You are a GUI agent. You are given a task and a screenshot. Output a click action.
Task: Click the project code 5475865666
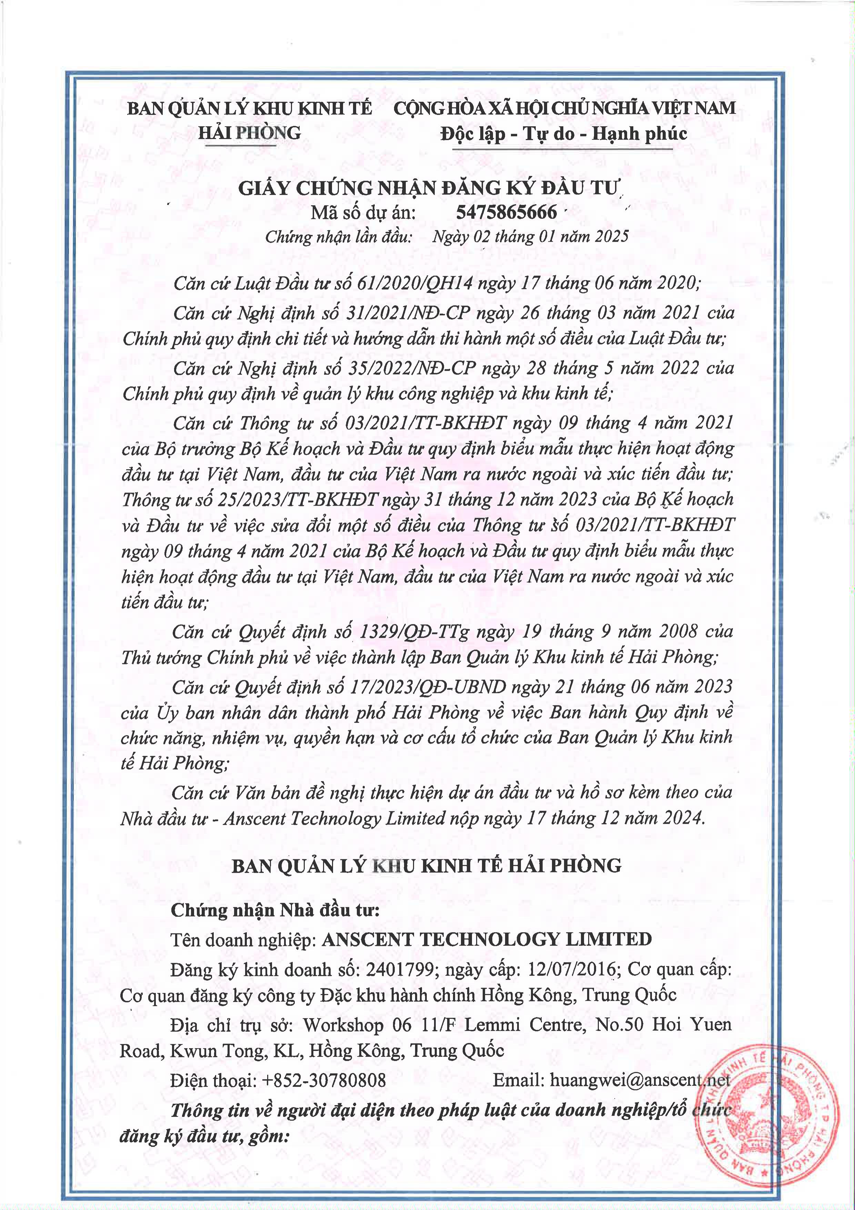click(506, 212)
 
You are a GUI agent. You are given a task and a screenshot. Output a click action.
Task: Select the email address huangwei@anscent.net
click(640, 1080)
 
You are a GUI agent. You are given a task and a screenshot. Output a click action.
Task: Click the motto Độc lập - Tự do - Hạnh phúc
click(564, 133)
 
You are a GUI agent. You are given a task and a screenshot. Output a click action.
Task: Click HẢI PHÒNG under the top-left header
click(249, 133)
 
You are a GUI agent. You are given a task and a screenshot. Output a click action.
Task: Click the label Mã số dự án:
click(363, 213)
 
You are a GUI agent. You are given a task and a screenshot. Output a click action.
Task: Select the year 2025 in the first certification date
click(612, 237)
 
